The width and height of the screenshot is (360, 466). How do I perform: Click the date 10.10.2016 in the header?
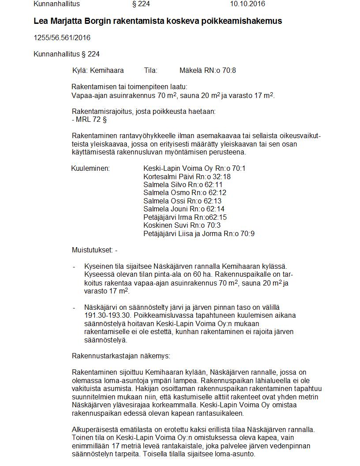pos(247,4)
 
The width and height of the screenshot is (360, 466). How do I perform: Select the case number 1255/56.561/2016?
pos(62,38)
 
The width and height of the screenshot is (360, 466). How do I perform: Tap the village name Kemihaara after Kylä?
pos(107,71)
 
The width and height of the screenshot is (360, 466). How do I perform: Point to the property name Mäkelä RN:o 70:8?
pos(208,71)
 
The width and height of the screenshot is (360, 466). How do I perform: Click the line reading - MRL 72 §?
pos(89,120)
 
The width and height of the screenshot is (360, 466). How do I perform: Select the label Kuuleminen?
pos(90,169)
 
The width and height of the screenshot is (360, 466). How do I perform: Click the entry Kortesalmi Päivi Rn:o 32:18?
pos(187,177)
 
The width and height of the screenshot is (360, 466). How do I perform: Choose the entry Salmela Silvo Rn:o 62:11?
pos(183,185)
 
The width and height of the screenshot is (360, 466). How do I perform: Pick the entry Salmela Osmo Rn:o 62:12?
pos(185,193)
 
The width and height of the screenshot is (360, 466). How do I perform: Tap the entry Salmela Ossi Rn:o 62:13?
pos(183,201)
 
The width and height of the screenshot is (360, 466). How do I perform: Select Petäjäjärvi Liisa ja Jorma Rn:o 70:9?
pos(199,234)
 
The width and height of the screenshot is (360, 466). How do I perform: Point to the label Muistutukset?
pos(92,251)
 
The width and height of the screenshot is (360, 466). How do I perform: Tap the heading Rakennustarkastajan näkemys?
pos(120,356)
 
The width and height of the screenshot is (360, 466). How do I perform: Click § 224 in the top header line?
pos(141,4)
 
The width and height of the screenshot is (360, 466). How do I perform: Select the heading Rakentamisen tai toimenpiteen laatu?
pos(129,87)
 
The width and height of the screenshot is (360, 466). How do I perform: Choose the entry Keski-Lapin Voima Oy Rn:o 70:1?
pos(195,169)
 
